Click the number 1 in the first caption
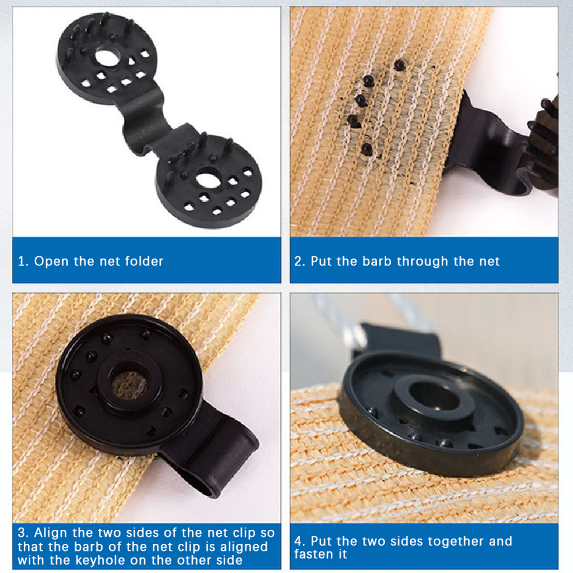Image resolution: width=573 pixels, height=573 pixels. pyautogui.click(x=21, y=261)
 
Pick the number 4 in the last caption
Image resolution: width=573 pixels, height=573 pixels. pyautogui.click(x=298, y=541)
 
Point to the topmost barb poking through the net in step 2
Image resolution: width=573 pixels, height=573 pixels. pyautogui.click(x=399, y=65)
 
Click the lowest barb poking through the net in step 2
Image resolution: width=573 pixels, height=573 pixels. pyautogui.click(x=366, y=149)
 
